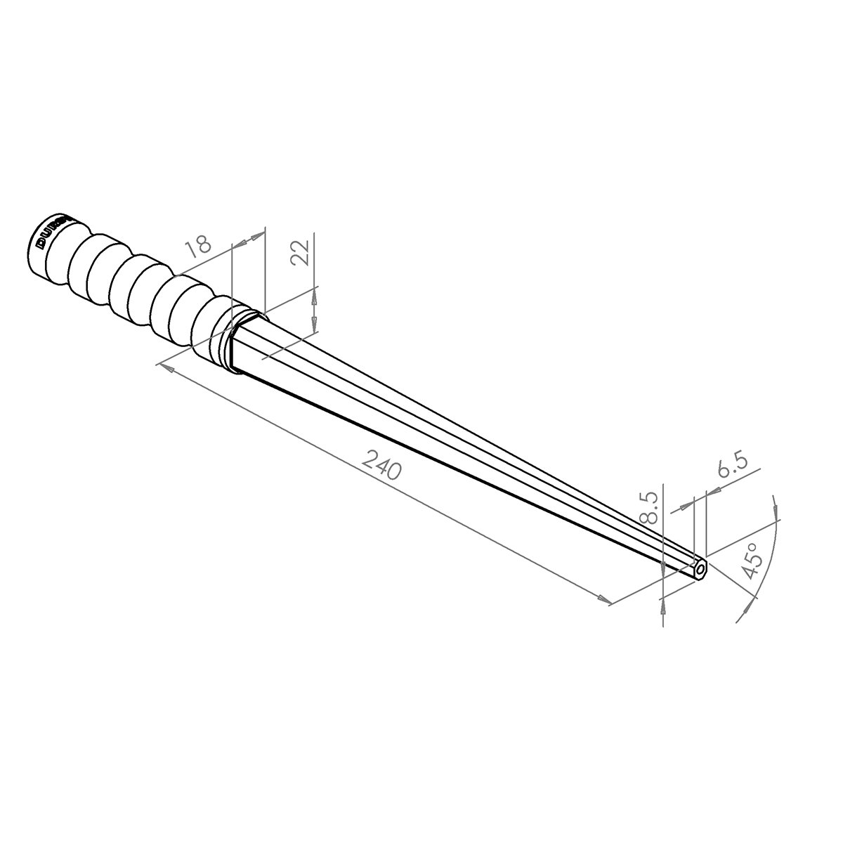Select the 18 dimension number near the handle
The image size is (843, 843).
199,244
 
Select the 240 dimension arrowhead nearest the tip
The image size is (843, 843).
603,599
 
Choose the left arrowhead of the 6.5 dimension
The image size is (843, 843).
684,505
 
